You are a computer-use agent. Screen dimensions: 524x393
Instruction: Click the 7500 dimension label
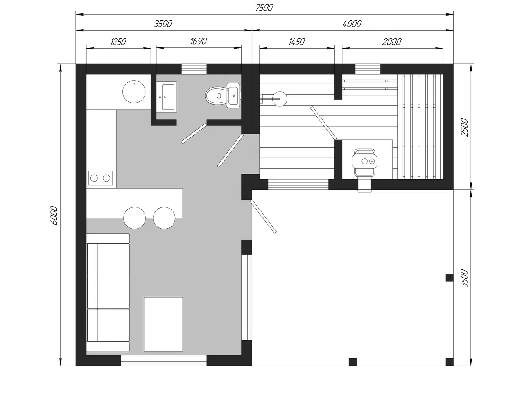[x=264, y=8]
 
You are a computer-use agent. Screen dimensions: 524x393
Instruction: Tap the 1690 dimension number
[x=199, y=41]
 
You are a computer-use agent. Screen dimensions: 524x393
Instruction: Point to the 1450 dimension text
[x=296, y=42]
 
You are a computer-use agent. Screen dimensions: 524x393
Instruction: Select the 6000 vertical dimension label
[x=54, y=216]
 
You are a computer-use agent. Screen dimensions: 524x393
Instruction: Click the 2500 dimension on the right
[x=464, y=127]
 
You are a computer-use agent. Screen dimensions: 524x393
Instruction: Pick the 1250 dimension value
[x=118, y=42]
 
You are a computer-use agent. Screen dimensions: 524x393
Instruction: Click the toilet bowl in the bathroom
[x=222, y=95]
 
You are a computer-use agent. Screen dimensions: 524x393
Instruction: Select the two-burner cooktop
[x=101, y=178]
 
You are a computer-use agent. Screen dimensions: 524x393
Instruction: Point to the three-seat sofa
[x=108, y=293]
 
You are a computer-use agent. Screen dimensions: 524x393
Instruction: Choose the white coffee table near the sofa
[x=163, y=324]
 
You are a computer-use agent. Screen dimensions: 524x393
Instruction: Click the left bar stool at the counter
[x=134, y=218]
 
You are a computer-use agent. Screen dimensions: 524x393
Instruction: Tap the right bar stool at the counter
[x=164, y=218]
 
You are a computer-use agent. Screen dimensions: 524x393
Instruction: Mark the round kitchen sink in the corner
[x=134, y=92]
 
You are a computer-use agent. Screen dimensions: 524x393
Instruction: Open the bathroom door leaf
[x=194, y=133]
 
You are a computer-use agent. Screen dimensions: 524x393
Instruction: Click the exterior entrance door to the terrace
[x=263, y=216]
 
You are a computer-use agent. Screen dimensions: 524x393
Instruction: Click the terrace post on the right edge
[x=449, y=278]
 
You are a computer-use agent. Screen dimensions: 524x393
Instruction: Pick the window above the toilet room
[x=194, y=69]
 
